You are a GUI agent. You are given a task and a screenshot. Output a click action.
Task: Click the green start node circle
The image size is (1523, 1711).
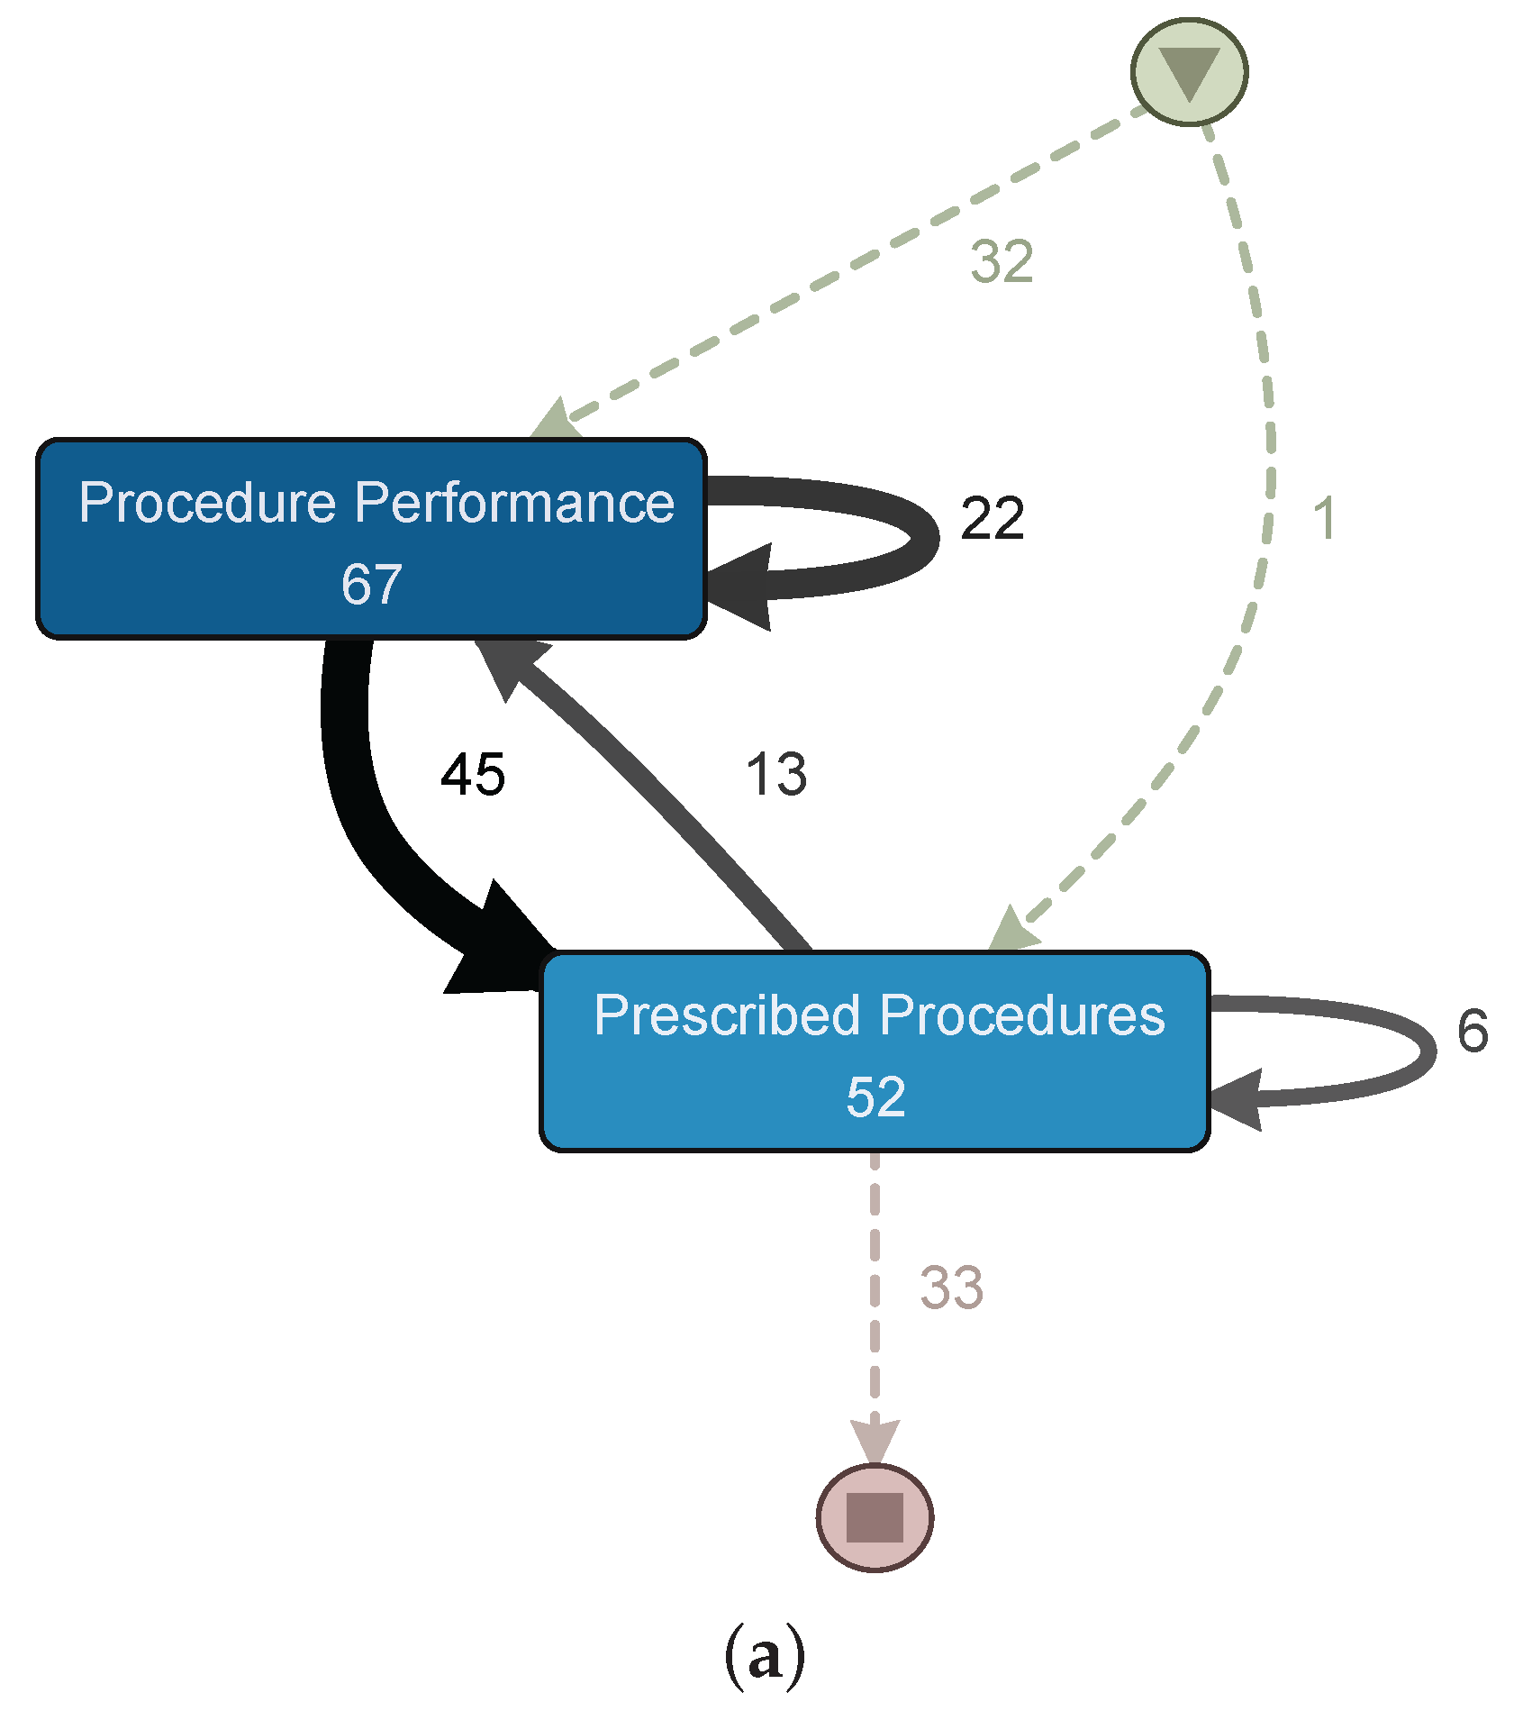click(1189, 72)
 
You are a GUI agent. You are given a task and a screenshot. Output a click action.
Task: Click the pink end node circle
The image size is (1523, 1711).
click(875, 1517)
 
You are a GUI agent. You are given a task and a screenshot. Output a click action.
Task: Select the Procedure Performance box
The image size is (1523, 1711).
click(371, 539)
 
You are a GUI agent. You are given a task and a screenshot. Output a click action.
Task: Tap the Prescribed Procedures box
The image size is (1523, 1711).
click(874, 1051)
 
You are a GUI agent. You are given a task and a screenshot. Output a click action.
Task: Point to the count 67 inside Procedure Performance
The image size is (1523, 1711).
click(371, 584)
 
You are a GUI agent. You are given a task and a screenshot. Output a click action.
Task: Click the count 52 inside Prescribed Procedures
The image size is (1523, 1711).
click(875, 1097)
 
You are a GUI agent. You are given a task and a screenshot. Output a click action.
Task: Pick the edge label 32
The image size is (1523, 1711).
click(1002, 262)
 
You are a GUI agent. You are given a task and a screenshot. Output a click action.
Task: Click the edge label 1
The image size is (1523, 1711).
click(1323, 518)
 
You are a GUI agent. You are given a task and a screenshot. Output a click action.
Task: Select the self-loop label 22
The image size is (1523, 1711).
click(993, 518)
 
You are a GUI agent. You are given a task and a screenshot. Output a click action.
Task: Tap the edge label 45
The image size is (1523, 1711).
click(473, 774)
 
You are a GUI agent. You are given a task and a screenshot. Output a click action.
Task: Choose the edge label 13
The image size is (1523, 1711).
click(776, 774)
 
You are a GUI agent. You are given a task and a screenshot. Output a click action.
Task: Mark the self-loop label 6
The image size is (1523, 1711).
click(1473, 1031)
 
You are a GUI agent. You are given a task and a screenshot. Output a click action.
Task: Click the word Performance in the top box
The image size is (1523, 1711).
click(514, 502)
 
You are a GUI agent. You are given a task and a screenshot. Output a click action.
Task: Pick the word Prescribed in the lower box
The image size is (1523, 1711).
click(727, 1015)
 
